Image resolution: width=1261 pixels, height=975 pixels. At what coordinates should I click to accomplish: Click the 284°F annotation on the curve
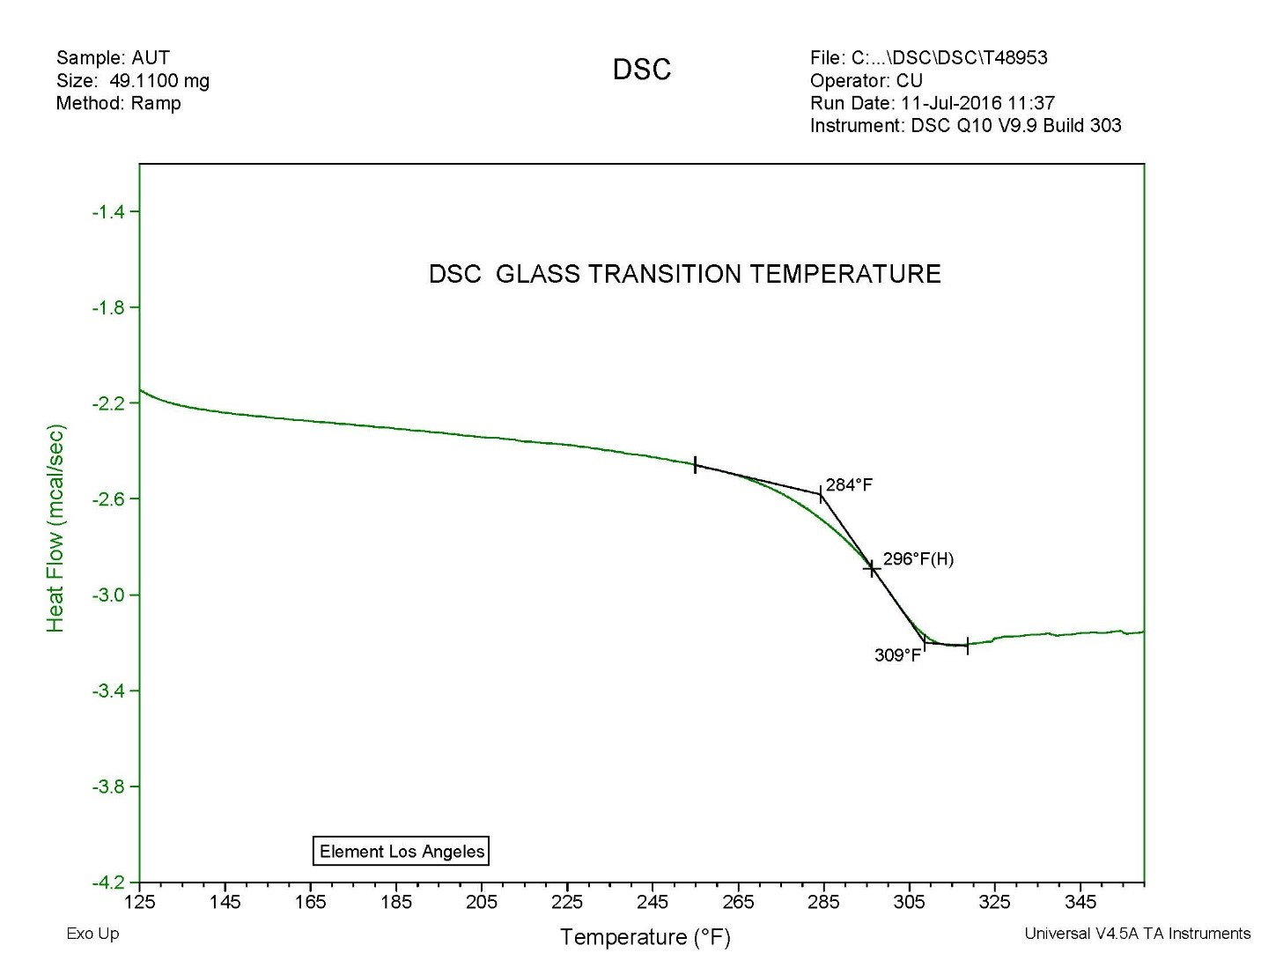click(849, 484)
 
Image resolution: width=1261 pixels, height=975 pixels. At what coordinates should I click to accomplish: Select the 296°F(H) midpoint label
click(918, 558)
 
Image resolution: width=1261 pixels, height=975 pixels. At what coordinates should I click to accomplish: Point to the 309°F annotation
click(897, 655)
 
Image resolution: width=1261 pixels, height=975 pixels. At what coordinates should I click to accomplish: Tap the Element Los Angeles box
click(401, 851)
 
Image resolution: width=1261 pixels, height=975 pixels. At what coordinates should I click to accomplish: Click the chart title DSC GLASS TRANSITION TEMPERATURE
click(684, 274)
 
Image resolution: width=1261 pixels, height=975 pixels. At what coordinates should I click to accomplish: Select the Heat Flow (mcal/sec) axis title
click(55, 528)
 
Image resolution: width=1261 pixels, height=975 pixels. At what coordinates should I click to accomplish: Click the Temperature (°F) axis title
click(645, 936)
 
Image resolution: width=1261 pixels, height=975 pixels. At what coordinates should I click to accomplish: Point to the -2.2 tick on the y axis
click(109, 403)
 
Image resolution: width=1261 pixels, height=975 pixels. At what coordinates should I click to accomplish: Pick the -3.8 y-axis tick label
click(109, 787)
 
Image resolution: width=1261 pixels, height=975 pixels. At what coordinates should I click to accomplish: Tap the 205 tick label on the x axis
click(482, 902)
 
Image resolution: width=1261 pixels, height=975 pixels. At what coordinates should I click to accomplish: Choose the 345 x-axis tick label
click(1080, 902)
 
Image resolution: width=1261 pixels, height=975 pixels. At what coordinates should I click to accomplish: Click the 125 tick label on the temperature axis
click(139, 902)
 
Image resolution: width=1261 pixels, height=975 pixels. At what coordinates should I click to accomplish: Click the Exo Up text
click(92, 934)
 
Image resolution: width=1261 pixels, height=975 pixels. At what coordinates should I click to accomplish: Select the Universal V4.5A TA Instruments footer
click(1137, 934)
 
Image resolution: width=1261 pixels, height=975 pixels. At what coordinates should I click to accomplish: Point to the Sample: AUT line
click(113, 58)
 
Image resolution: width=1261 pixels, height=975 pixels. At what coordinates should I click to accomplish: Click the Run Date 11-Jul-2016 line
click(932, 103)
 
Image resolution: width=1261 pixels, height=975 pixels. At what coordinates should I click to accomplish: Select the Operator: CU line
click(866, 81)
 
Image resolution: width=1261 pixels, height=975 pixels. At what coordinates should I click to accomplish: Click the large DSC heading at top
click(642, 70)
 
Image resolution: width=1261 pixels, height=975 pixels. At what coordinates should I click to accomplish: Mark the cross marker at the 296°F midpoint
click(872, 569)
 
